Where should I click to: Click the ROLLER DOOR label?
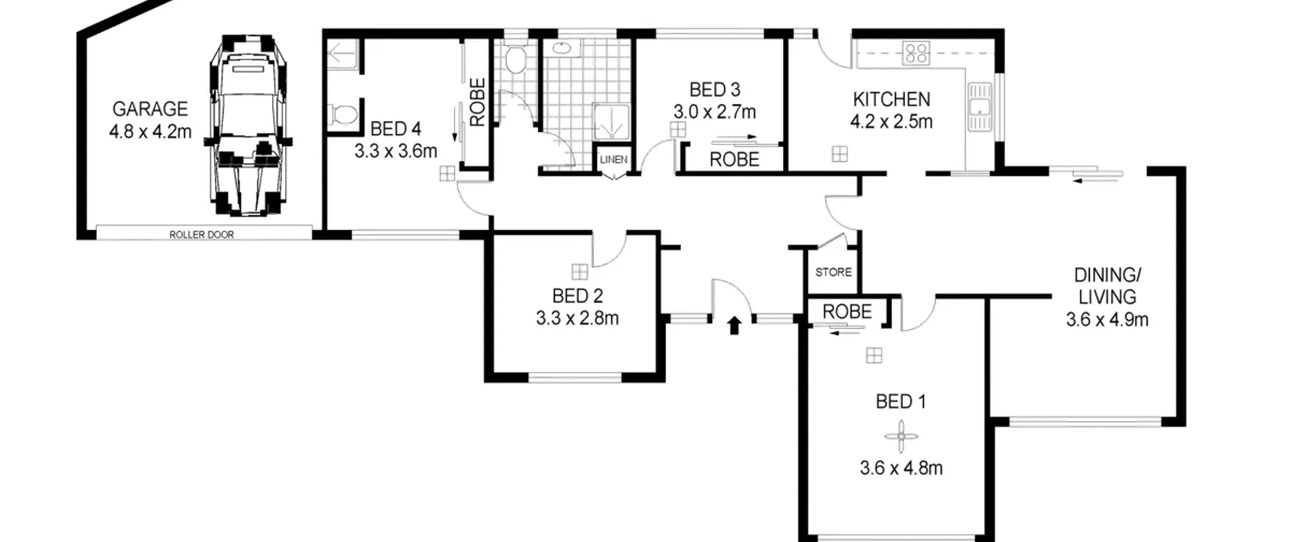coord(201,234)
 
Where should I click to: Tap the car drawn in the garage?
coord(248,126)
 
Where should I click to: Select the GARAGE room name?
coord(150,109)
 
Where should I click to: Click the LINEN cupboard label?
coord(614,159)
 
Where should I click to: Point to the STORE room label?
coord(834,272)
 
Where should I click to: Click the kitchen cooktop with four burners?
coord(916,52)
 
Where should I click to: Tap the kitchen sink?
coord(979,107)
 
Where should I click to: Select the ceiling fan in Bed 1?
coord(901,437)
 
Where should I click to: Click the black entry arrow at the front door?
coord(734,325)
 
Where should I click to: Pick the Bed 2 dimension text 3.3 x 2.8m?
coord(577,318)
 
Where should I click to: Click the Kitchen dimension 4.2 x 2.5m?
coord(892,122)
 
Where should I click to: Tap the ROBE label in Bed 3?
coord(734,160)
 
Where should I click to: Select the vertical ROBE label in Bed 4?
coord(477,101)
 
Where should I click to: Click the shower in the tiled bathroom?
coord(612,122)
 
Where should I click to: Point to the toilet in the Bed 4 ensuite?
coord(343,114)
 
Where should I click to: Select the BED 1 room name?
coord(901,402)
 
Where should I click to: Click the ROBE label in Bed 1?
coord(847,312)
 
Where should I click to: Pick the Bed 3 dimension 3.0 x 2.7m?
coord(715,112)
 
